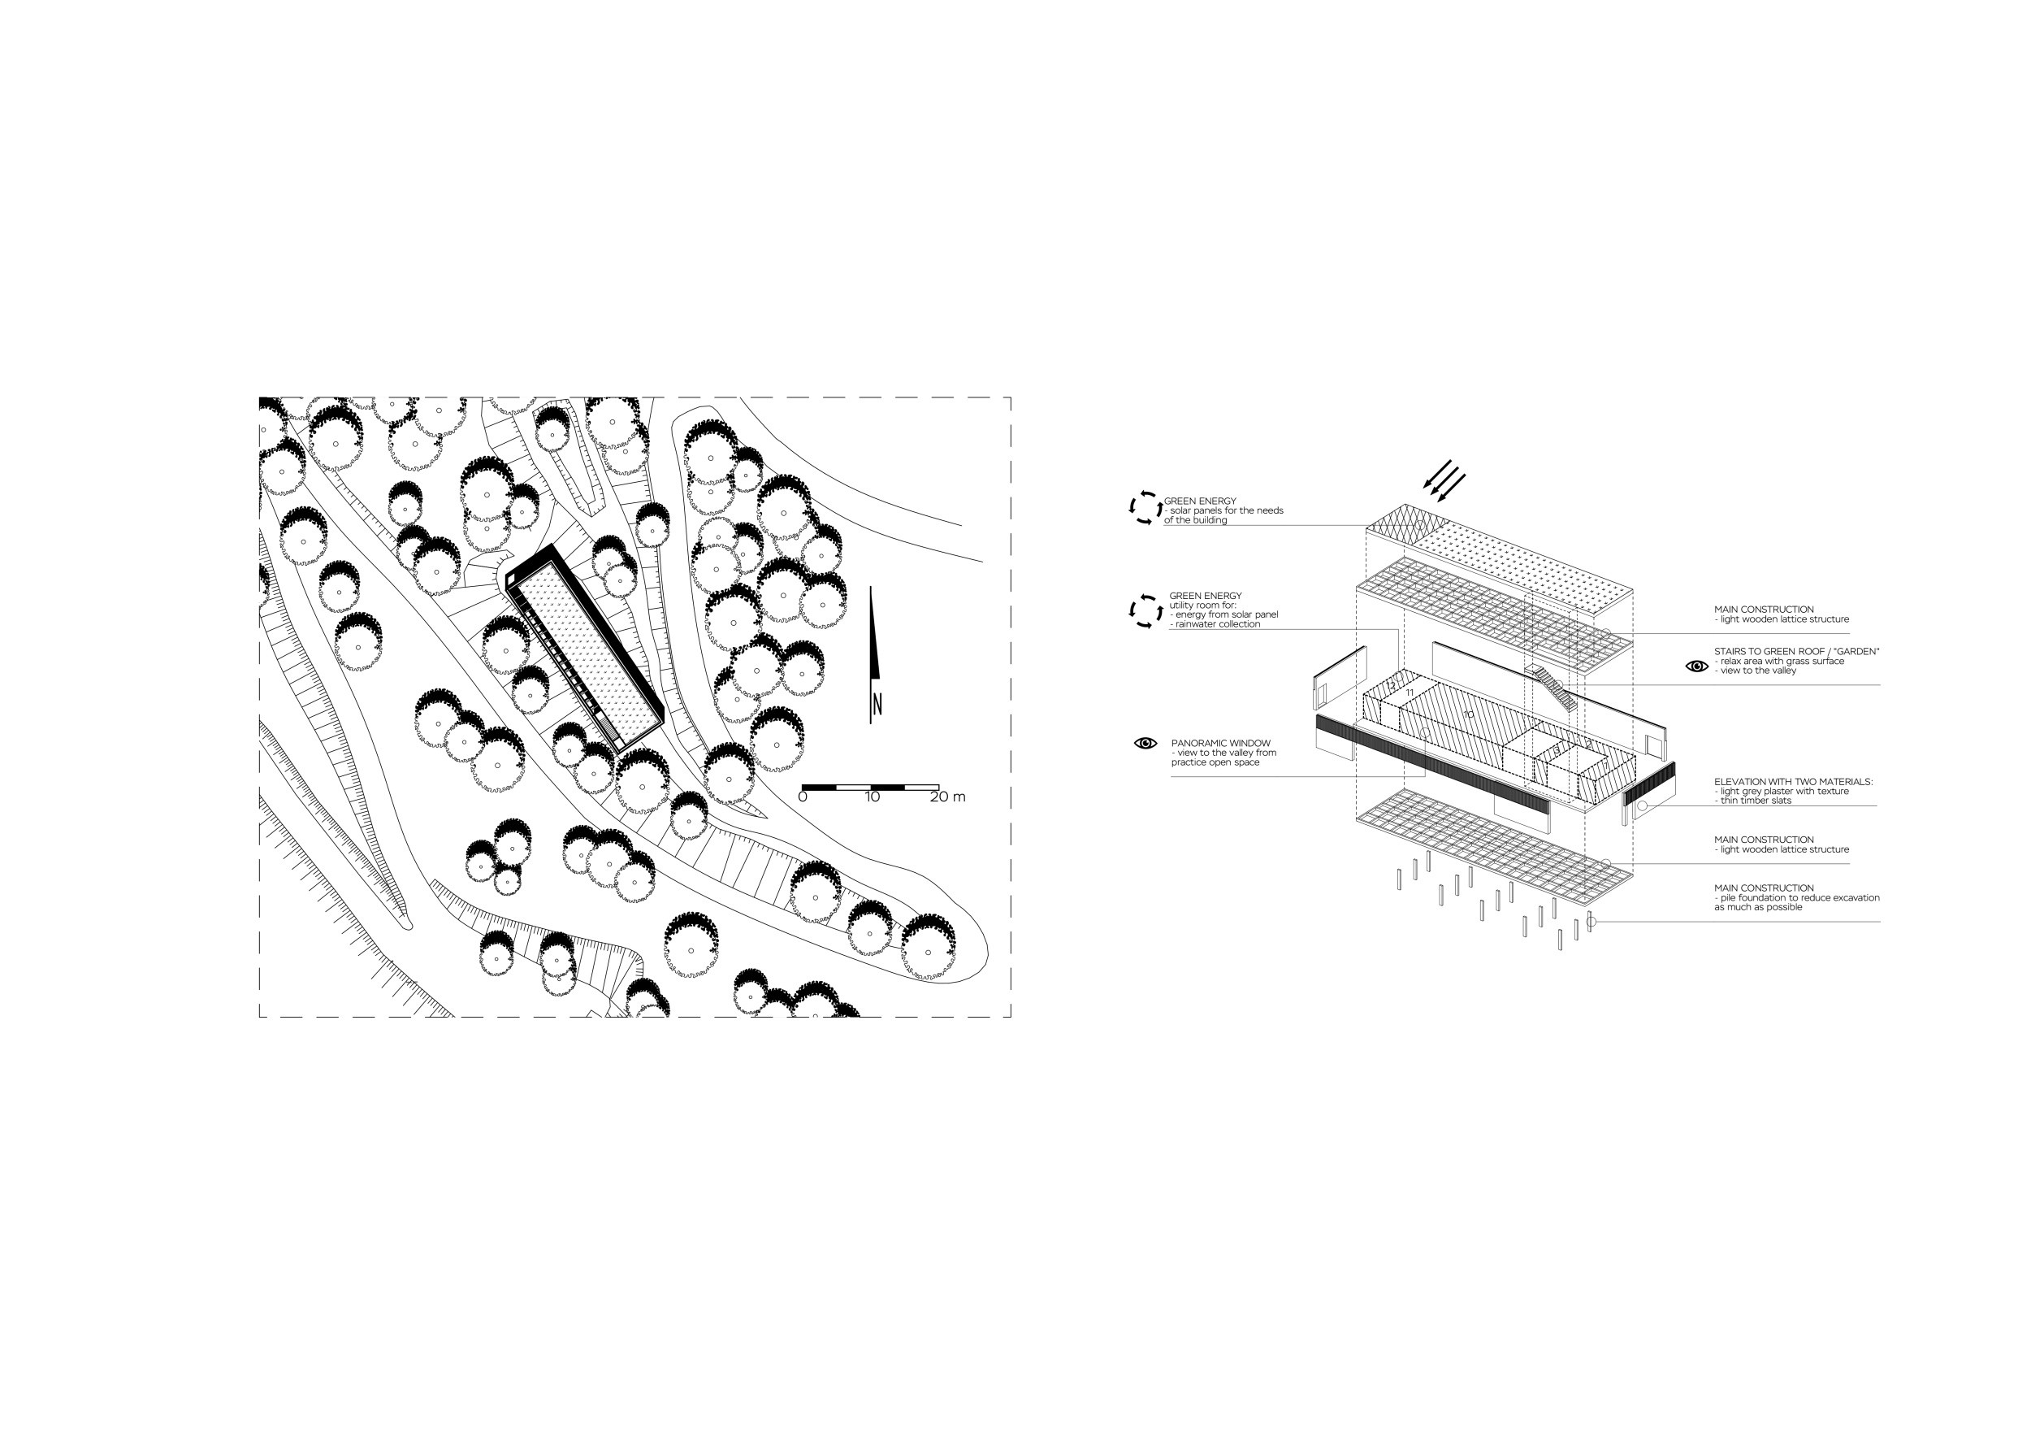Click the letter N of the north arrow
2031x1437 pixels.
(x=877, y=705)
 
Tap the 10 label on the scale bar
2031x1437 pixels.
(x=873, y=797)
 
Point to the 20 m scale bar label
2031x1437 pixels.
(x=947, y=797)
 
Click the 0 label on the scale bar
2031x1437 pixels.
(x=803, y=797)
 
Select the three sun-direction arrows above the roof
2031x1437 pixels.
(x=1444, y=480)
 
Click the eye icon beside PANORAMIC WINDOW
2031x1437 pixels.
(x=1145, y=743)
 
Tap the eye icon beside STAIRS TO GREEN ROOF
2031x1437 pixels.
(x=1696, y=666)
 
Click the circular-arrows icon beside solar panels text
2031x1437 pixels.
(x=1145, y=508)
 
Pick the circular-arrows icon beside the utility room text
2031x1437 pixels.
(x=1145, y=610)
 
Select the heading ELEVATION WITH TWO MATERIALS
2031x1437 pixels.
(x=1793, y=782)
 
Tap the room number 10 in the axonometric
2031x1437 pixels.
(x=1468, y=714)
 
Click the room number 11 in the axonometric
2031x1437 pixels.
(x=1410, y=692)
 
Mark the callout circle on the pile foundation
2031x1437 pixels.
(x=1591, y=922)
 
